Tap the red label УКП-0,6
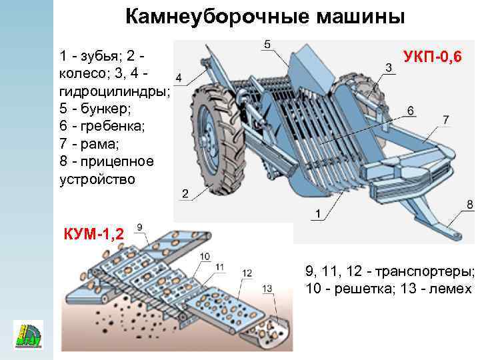(433, 58)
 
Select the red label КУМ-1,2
(95, 235)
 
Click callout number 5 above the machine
(267, 45)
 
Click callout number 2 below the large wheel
(185, 193)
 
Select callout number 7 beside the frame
(445, 119)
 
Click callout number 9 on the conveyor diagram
(139, 227)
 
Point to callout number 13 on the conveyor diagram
(267, 288)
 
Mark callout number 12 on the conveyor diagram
(247, 273)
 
